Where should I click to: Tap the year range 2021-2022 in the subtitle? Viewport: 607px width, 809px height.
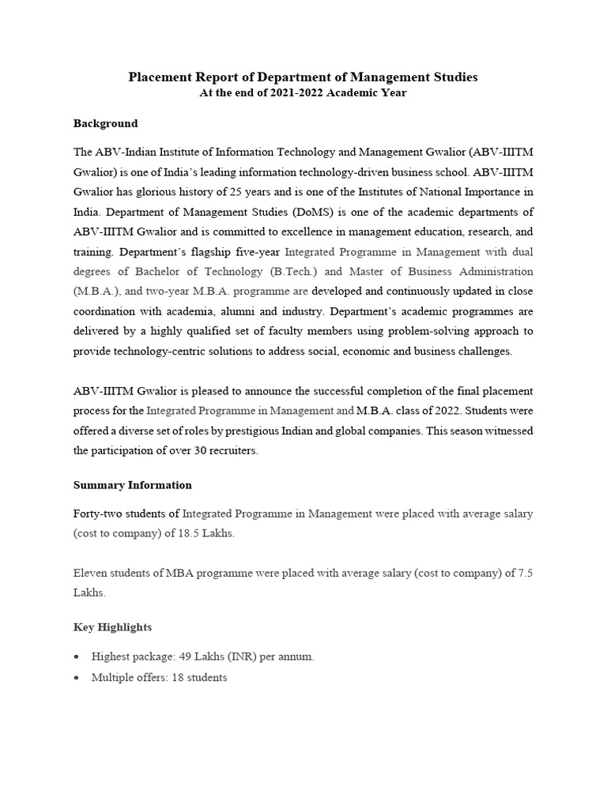click(x=280, y=93)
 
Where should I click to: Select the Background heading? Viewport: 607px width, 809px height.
click(x=105, y=123)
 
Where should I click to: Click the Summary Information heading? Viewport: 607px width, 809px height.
click(x=133, y=485)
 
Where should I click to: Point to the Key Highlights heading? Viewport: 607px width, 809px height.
click(x=112, y=627)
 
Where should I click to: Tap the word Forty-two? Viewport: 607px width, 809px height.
click(x=100, y=514)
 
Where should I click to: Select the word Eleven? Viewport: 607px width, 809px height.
click(x=91, y=573)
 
